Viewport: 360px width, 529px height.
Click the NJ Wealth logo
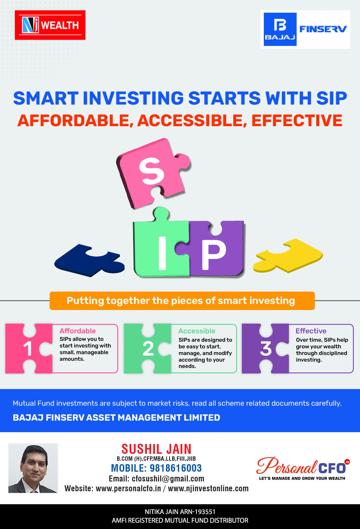coord(50,25)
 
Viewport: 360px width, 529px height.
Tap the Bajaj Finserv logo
coord(305,29)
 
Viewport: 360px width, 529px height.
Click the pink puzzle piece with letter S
coord(153,173)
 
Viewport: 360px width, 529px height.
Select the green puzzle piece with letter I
coord(161,245)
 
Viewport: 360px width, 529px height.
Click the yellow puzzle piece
coord(288,255)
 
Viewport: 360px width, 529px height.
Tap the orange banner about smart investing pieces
coord(182,301)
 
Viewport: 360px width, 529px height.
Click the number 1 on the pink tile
coord(28,349)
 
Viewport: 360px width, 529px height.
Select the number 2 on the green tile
coord(148,349)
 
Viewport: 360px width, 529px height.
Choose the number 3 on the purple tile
coord(266,349)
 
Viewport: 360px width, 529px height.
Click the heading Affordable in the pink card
coord(78,331)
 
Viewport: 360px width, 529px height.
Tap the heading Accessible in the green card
coord(197,331)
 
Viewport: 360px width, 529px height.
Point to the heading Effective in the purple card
coord(311,331)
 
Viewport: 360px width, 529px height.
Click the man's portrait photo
coord(33,468)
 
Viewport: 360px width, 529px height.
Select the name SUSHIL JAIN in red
coord(156,449)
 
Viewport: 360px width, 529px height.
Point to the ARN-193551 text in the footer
coord(198,512)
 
